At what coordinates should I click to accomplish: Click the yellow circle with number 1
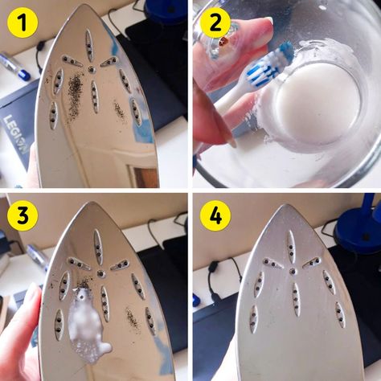point(23,23)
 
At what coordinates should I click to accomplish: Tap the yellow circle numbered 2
point(215,23)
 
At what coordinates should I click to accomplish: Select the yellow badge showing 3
point(23,215)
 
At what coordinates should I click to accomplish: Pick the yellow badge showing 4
point(215,215)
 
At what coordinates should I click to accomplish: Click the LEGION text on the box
point(17,134)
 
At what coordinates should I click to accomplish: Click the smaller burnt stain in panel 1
point(120,110)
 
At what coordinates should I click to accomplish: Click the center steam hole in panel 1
point(92,69)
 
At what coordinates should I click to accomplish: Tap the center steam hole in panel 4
point(293,271)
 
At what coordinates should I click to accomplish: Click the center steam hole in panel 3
point(100,273)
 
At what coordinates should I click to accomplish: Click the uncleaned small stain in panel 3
point(133,319)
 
